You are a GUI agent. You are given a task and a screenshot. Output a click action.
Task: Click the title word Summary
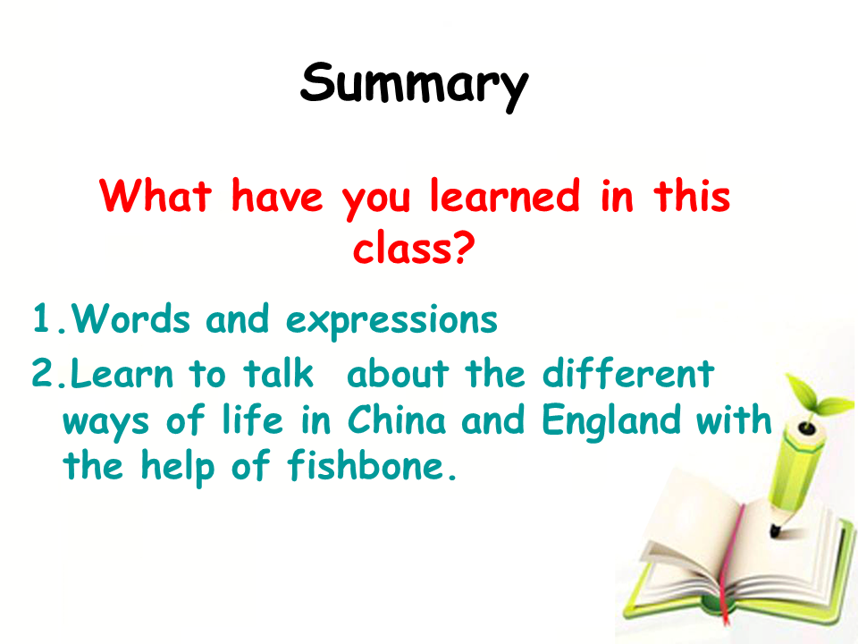pyautogui.click(x=414, y=86)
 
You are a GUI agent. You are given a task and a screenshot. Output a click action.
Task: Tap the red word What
pyautogui.click(x=156, y=196)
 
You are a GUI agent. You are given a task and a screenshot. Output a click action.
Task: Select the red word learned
pyautogui.click(x=504, y=196)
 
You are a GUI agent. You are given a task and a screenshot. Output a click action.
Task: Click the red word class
pyautogui.click(x=403, y=247)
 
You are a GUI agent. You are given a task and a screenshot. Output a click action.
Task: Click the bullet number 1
pyautogui.click(x=42, y=318)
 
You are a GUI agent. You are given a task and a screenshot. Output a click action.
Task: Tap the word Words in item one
pyautogui.click(x=130, y=318)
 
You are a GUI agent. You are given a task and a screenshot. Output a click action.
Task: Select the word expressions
pyautogui.click(x=391, y=321)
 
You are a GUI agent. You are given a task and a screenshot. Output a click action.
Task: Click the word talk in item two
pyautogui.click(x=279, y=373)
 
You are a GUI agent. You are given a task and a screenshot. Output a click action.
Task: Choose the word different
pyautogui.click(x=628, y=373)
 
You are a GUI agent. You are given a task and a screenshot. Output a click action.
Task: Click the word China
pyautogui.click(x=397, y=420)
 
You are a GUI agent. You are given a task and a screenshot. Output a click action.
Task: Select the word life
pyautogui.click(x=253, y=420)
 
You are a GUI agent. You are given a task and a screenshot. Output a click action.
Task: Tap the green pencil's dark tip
pyautogui.click(x=775, y=530)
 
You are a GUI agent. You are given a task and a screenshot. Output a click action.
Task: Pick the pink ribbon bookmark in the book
pyautogui.click(x=733, y=564)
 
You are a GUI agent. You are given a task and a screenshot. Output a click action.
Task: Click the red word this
pyautogui.click(x=692, y=196)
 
